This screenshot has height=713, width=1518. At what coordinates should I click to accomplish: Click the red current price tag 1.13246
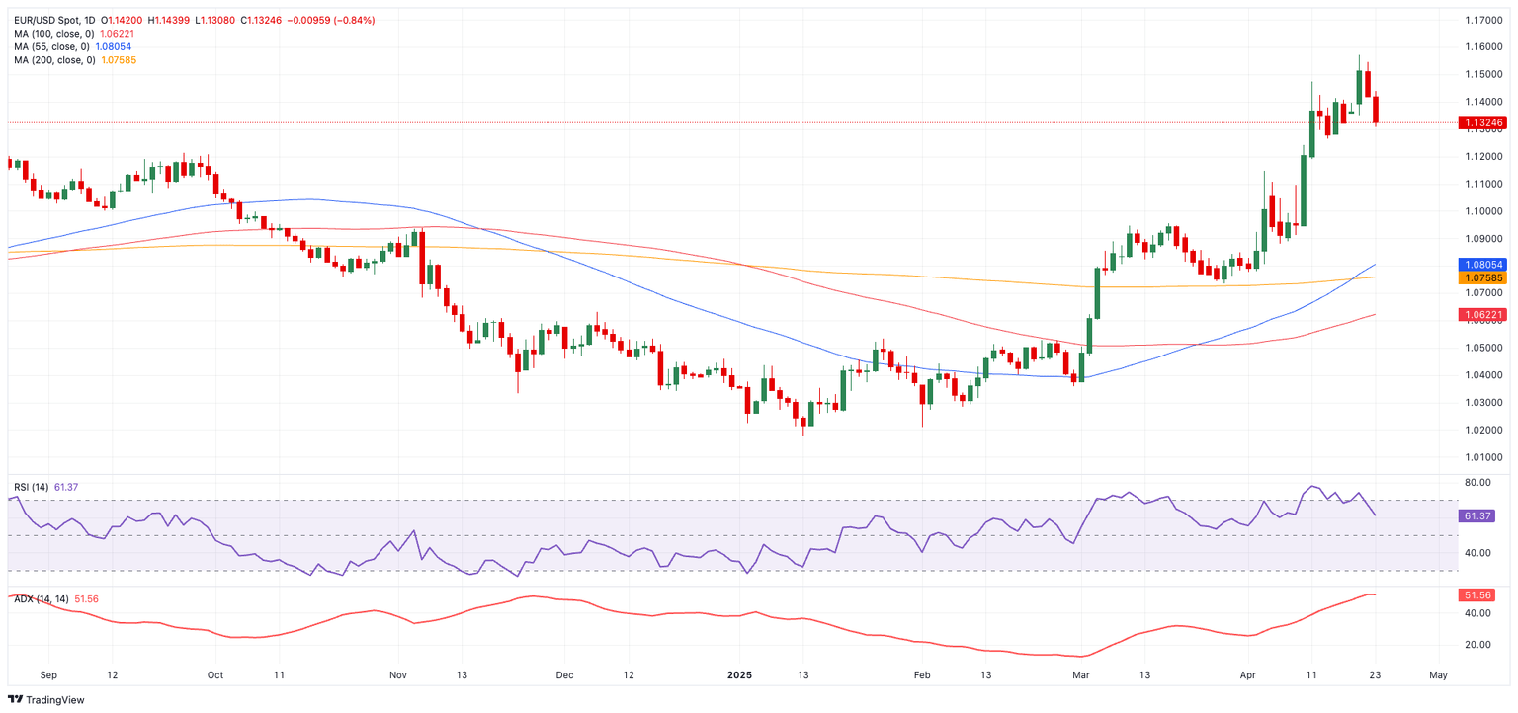pyautogui.click(x=1482, y=123)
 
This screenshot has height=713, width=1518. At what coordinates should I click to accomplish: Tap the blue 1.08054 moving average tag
pyautogui.click(x=1482, y=265)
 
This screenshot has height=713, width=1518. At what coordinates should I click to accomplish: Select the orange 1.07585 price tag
pyautogui.click(x=1482, y=278)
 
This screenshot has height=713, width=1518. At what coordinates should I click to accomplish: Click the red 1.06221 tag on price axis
pyautogui.click(x=1482, y=315)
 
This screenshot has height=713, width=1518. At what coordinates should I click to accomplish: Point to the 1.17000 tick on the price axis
pyautogui.click(x=1483, y=20)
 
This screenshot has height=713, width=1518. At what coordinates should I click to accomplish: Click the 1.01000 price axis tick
pyautogui.click(x=1483, y=457)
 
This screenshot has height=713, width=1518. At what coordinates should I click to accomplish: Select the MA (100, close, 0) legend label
pyautogui.click(x=54, y=34)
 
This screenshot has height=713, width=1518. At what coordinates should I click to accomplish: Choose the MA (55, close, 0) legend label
pyautogui.click(x=51, y=46)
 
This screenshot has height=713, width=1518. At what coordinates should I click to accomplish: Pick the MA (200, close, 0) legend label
pyautogui.click(x=54, y=60)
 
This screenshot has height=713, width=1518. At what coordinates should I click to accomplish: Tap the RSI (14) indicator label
pyautogui.click(x=31, y=487)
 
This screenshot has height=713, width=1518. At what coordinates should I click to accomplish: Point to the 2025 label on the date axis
pyautogui.click(x=739, y=675)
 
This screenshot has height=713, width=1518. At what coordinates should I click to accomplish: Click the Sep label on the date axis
pyautogui.click(x=48, y=675)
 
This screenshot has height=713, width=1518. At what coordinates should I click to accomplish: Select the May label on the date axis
pyautogui.click(x=1438, y=675)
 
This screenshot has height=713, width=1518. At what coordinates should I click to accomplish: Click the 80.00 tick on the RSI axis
pyautogui.click(x=1477, y=483)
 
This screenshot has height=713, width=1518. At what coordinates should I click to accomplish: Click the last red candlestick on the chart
pyautogui.click(x=1377, y=110)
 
